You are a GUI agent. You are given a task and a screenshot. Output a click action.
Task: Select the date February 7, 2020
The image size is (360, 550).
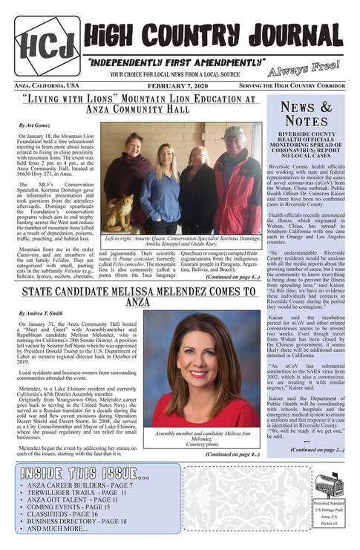(180, 87)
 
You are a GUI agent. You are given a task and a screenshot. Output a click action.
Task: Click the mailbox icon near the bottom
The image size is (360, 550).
(330, 485)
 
